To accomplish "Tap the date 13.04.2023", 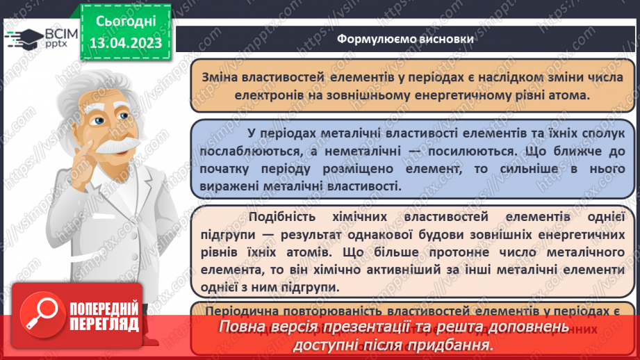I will (126, 43).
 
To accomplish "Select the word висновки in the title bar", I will (442, 39).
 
